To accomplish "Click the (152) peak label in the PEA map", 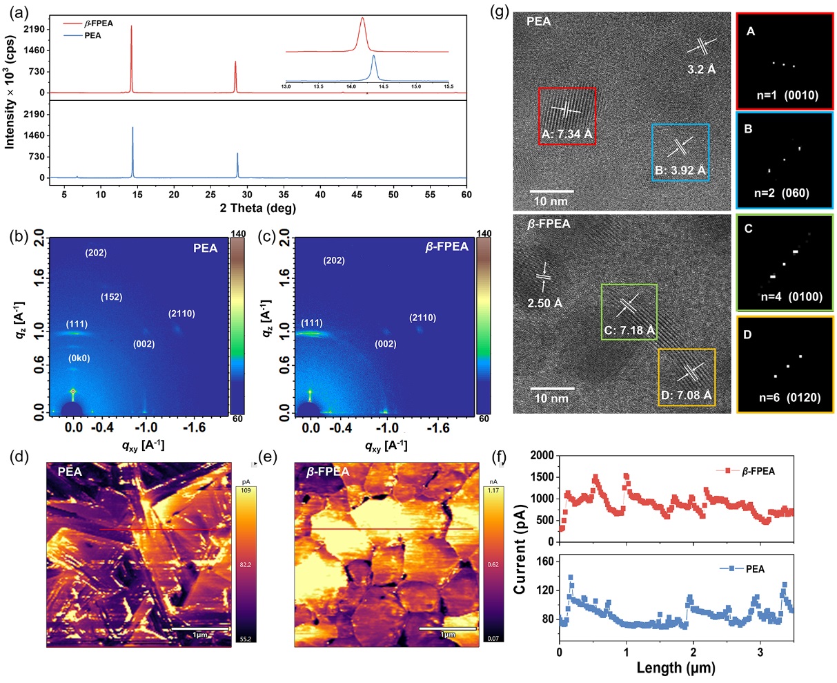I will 111,297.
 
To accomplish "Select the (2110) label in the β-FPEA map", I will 422,318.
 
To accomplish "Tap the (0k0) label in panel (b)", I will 80,358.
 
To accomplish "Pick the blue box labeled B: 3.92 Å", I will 680,153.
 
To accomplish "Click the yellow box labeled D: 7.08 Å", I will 686,377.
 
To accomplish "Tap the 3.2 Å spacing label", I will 702,69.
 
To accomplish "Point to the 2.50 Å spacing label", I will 544,302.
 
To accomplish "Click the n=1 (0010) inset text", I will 787,95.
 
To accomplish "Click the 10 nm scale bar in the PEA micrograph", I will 552,191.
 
